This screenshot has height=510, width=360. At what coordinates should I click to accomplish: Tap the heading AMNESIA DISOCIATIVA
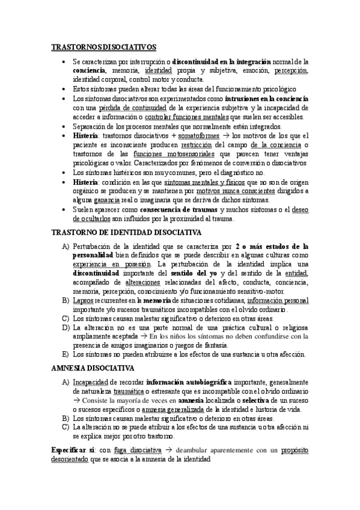(93, 367)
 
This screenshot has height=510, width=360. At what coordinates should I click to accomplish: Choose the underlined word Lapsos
(82, 300)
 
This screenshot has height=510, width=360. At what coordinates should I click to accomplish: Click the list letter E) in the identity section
(65, 355)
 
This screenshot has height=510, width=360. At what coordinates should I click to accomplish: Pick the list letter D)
(65, 327)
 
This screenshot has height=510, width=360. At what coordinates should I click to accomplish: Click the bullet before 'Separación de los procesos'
(65, 127)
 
